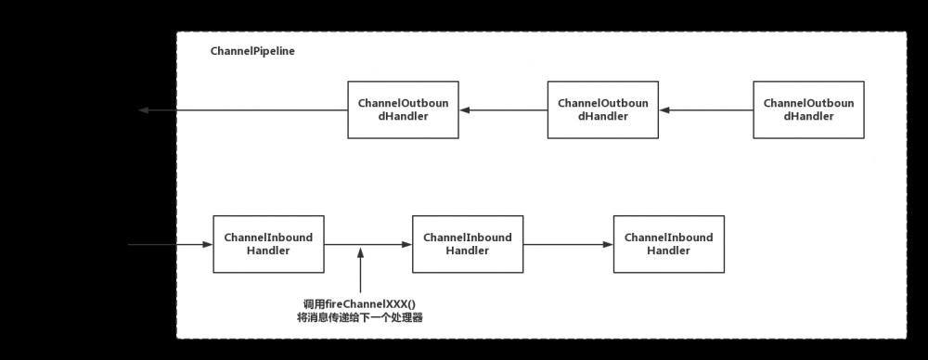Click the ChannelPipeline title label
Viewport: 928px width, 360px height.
[252, 51]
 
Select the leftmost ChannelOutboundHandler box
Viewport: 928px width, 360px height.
[403, 110]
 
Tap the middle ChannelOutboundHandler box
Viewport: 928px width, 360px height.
[603, 110]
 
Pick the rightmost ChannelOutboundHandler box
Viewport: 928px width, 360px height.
[808, 110]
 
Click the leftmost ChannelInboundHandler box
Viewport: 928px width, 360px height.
[268, 244]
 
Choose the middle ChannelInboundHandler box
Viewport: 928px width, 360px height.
[468, 244]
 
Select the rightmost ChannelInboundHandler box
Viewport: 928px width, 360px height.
[668, 244]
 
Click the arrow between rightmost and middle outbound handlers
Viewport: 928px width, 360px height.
[705, 110]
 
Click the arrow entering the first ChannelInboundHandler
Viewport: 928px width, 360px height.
[172, 245]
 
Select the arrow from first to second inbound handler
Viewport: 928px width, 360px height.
[367, 245]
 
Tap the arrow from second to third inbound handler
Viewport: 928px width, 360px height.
[568, 245]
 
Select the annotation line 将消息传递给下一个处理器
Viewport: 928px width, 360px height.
[359, 317]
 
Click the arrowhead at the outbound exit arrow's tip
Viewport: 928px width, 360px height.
[143, 110]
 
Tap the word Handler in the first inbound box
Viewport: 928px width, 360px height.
[268, 251]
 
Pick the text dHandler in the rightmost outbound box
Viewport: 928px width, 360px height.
[808, 117]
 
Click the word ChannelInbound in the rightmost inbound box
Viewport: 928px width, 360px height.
[668, 238]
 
